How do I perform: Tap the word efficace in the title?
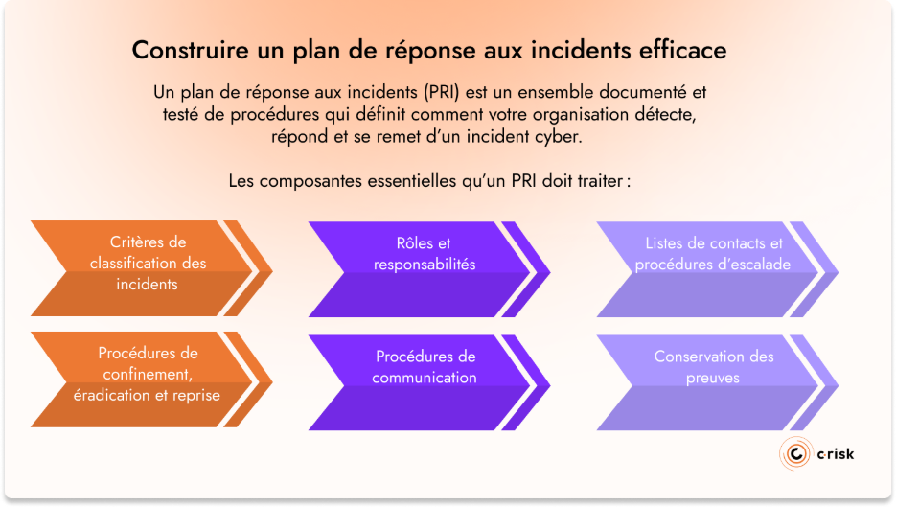click(x=681, y=49)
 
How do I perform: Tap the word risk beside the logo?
click(x=837, y=453)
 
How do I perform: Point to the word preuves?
click(x=713, y=378)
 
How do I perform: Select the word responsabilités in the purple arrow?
click(x=425, y=264)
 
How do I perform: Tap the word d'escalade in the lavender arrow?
click(x=753, y=264)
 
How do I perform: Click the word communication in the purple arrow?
click(x=425, y=378)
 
